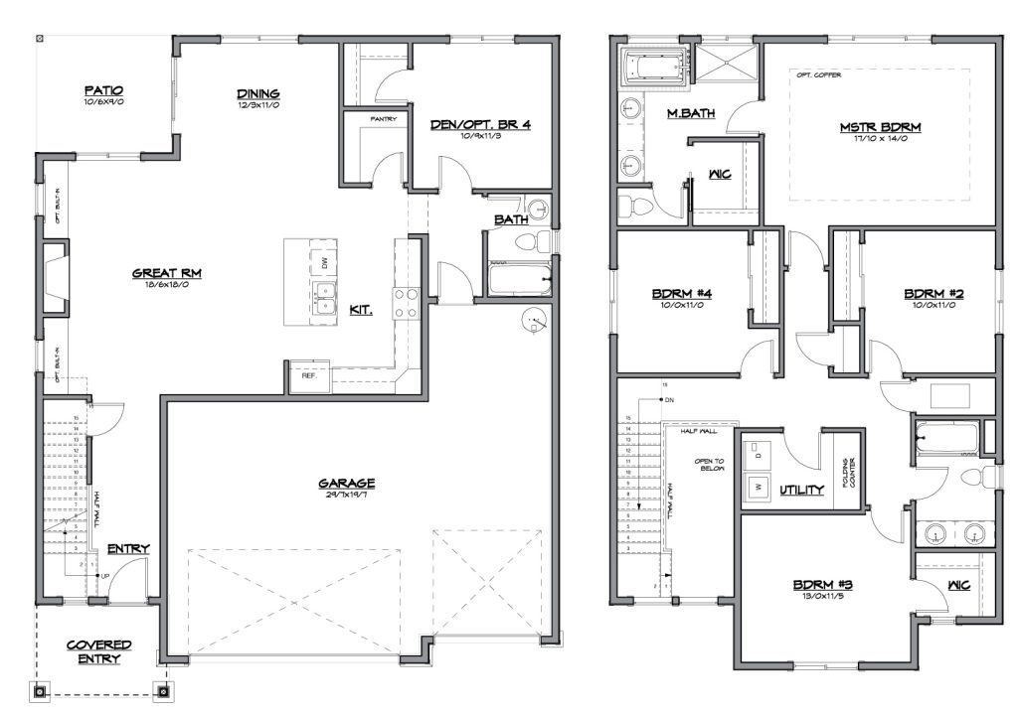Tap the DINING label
point(256,93)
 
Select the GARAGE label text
point(347,484)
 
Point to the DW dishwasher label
point(323,262)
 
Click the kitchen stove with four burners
point(406,303)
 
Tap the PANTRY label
point(384,119)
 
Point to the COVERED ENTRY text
point(99,651)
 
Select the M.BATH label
point(689,113)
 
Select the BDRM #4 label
point(678,294)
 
